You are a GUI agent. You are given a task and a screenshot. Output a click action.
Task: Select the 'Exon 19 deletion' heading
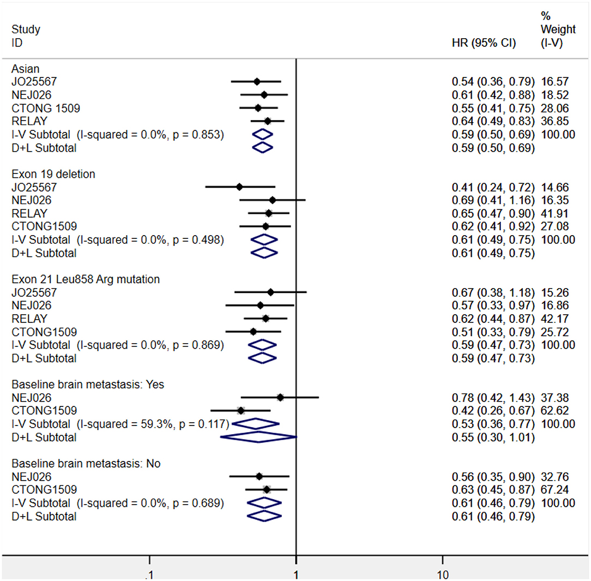[53, 174]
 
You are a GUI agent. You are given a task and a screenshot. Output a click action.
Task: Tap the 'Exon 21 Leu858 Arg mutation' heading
[86, 279]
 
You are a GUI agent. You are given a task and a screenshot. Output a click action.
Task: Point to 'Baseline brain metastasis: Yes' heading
[88, 385]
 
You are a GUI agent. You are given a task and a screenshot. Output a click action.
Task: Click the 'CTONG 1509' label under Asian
[46, 109]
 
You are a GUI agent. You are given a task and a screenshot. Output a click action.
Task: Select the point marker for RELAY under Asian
[267, 121]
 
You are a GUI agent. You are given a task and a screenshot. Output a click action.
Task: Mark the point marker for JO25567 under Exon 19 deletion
[239, 187]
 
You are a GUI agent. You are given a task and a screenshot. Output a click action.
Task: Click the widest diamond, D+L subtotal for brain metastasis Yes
[258, 437]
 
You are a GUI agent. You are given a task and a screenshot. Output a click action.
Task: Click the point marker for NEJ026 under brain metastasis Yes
[280, 398]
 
